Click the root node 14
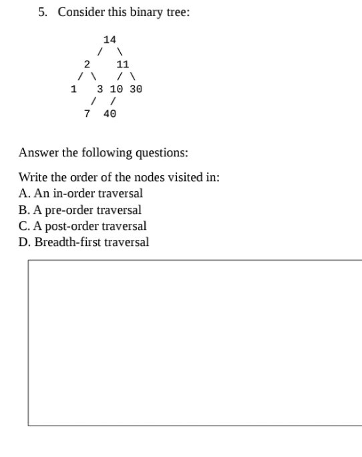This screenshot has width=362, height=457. point(110,40)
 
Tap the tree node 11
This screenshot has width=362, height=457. point(122,65)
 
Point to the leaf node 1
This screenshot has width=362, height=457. point(73,89)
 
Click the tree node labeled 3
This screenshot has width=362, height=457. point(100,89)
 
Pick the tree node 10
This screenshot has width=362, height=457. point(116,89)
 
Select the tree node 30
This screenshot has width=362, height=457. point(136,89)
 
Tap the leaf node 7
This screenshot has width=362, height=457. point(87,114)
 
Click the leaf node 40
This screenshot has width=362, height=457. point(110,114)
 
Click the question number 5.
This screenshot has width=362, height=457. point(43,13)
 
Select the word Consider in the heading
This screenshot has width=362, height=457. point(81,13)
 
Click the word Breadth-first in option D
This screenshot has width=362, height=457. point(67,242)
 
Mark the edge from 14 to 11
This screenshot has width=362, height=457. point(119,52)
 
